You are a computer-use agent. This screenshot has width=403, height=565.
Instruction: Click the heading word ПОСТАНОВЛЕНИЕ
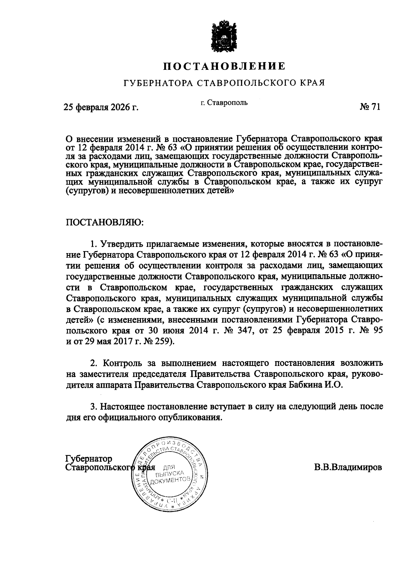[224, 66]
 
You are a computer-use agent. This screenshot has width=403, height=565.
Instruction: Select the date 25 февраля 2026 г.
[101, 107]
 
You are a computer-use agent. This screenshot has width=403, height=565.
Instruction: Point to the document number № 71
[370, 107]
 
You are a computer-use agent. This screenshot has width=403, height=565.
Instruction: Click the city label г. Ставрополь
[224, 102]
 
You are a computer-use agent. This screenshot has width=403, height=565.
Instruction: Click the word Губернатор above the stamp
[89, 459]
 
